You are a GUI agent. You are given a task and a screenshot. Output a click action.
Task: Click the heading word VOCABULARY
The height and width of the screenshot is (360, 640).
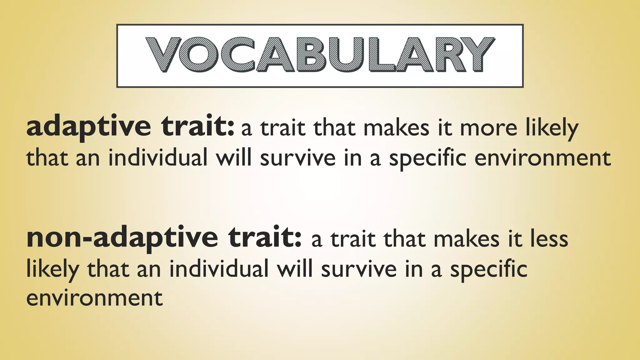[320, 55]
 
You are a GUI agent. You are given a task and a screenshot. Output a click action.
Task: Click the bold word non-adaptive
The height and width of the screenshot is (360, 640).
[122, 238]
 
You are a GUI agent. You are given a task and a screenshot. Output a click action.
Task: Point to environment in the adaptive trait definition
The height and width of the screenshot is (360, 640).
[543, 158]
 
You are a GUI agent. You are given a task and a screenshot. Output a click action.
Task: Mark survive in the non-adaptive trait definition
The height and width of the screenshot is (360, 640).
[359, 269]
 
